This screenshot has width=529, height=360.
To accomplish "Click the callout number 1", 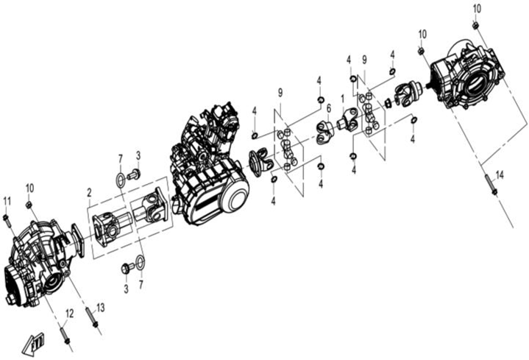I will tap(342, 98).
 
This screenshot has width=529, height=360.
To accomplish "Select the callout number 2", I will tap(89, 192).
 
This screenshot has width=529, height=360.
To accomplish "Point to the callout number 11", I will tap(7, 202).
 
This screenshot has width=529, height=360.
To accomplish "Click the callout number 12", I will tap(69, 314).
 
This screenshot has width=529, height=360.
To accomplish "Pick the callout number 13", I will tap(101, 306).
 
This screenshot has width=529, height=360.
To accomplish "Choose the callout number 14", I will tap(500, 174).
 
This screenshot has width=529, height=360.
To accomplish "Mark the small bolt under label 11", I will tap(7, 219).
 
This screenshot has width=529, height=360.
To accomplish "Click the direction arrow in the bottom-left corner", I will tap(33, 342).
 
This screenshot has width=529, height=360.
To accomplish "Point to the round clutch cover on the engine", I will tap(233, 199).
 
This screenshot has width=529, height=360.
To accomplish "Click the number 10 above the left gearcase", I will tap(29, 188).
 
